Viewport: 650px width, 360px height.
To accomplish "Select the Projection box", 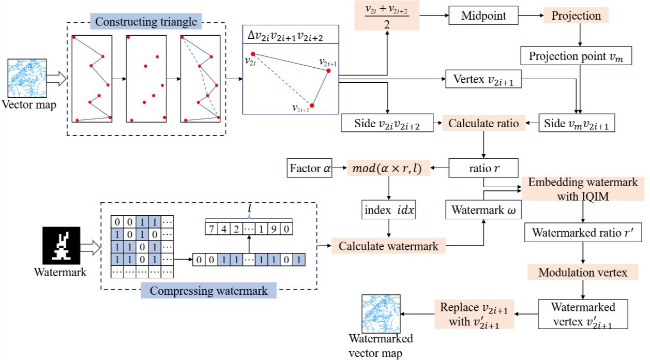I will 576,16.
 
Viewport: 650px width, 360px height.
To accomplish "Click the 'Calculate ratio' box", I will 482,124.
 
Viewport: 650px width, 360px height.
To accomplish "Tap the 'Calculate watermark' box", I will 388,246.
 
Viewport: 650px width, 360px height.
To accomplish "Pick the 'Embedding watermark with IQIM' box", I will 582,189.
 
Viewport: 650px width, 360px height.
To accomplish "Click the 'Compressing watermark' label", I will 208,291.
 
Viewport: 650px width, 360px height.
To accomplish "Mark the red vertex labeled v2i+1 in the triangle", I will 328,71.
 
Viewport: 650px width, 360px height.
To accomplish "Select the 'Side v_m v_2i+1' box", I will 577,124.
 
